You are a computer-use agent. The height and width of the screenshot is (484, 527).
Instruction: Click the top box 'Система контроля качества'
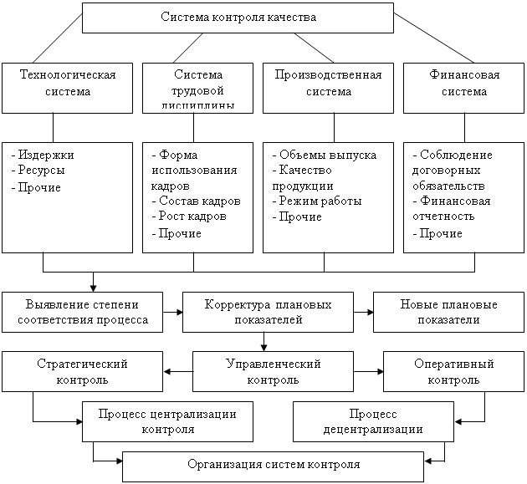tap(238, 18)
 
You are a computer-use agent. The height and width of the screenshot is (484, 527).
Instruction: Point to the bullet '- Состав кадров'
tap(196, 201)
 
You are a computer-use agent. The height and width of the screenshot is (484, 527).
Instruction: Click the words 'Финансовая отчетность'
tap(452, 209)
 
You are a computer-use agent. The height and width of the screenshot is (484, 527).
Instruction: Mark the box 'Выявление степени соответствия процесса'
tap(81, 312)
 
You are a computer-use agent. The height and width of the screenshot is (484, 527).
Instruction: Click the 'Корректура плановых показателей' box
tap(267, 312)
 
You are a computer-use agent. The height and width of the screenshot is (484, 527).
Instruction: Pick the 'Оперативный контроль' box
tap(453, 372)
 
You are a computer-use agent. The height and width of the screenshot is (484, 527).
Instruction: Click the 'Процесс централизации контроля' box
tap(167, 421)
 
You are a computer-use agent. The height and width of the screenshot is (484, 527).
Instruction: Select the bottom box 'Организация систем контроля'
tap(274, 466)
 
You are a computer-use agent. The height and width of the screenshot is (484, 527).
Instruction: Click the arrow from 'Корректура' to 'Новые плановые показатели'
tap(363, 312)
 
